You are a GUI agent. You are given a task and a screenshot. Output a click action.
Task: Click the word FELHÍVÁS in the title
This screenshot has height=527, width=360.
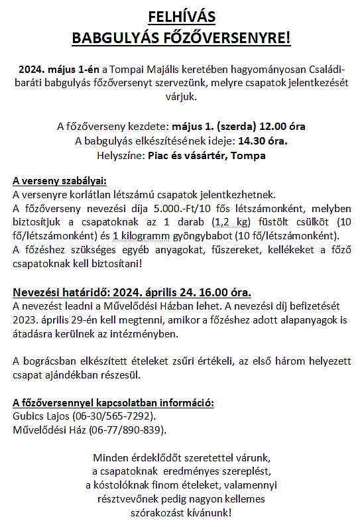[181, 16]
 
